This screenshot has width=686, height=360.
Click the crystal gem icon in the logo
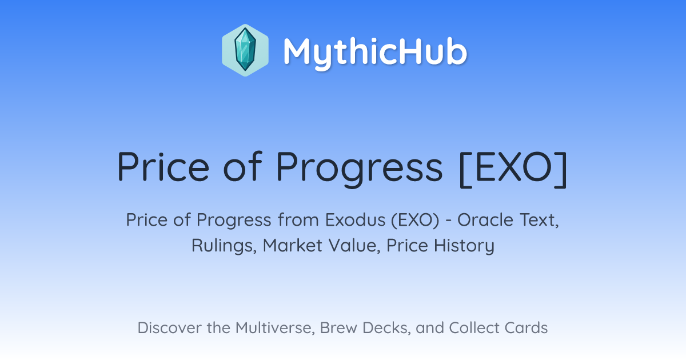pyautogui.click(x=245, y=50)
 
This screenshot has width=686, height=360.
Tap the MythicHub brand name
pyautogui.click(x=375, y=53)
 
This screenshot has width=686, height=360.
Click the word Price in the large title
pyautogui.click(x=163, y=167)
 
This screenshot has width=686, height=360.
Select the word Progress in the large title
pyautogui.click(x=359, y=169)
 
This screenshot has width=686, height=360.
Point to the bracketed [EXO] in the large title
pyautogui.click(x=513, y=169)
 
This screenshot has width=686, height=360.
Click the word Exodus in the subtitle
pyautogui.click(x=355, y=220)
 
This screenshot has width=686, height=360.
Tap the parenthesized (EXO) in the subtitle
pyautogui.click(x=415, y=220)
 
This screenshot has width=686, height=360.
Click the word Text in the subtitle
pyautogui.click(x=539, y=221)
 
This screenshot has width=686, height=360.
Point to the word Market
pyautogui.click(x=293, y=246)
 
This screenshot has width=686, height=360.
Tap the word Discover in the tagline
pyautogui.click(x=169, y=327)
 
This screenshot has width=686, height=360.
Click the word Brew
pyautogui.click(x=338, y=327)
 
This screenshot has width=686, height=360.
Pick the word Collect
pyautogui.click(x=474, y=327)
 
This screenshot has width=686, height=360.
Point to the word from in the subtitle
pyautogui.click(x=298, y=220)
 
